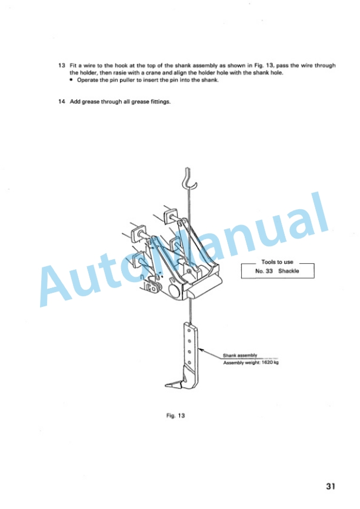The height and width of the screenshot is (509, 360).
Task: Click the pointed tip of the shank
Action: tap(166, 386)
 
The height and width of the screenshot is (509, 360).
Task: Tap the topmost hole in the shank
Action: tap(188, 331)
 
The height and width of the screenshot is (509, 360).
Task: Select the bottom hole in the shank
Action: tap(189, 363)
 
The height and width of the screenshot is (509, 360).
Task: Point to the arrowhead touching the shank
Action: tap(199, 350)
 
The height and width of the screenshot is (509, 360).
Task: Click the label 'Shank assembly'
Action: tap(240, 356)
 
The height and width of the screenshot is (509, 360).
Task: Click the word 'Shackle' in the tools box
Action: tap(288, 271)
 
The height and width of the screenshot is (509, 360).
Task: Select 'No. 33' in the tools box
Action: tap(264, 271)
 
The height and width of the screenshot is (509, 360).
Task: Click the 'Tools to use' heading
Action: tap(277, 262)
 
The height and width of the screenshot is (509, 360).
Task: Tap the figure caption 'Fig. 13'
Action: tap(175, 416)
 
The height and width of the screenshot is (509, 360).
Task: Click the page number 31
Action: tap(331, 486)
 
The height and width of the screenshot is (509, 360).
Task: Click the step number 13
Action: tap(62, 65)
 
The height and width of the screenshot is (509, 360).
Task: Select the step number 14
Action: tap(62, 102)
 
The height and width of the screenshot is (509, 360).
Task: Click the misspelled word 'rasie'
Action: tap(119, 73)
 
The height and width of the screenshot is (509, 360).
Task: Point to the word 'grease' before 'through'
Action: tap(91, 102)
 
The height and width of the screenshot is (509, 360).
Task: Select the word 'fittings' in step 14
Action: tap(161, 102)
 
